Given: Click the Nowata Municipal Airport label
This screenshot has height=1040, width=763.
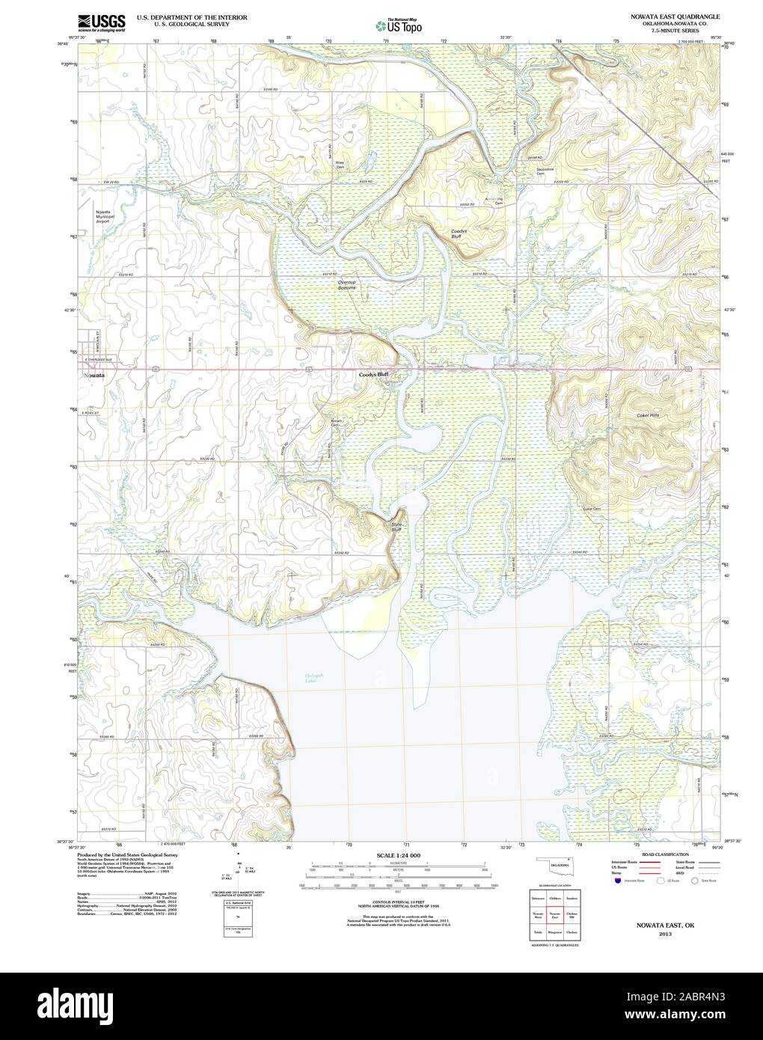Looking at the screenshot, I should (x=102, y=217).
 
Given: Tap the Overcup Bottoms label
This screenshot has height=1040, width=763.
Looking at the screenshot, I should (x=347, y=285).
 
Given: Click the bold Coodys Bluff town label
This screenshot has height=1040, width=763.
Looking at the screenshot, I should (x=373, y=373).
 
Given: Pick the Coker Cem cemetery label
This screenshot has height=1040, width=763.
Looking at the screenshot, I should (x=592, y=508).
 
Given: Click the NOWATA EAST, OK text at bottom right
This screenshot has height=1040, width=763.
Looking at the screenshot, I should (x=664, y=925).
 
